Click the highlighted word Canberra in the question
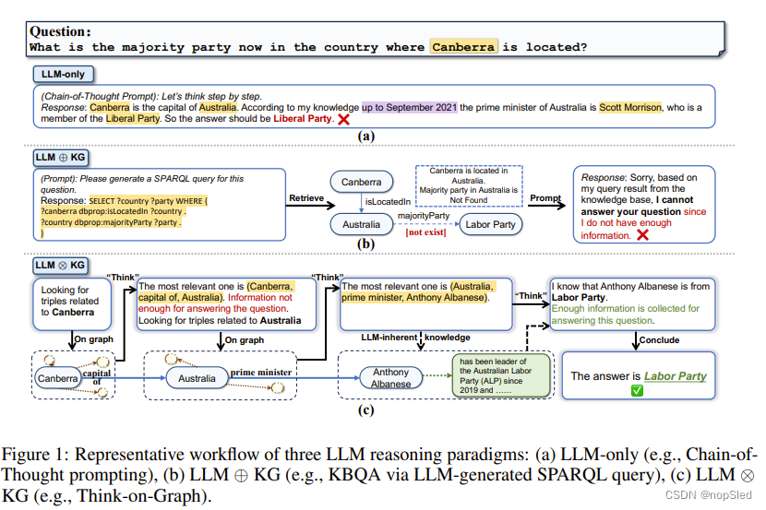(x=463, y=46)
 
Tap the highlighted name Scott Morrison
(x=630, y=107)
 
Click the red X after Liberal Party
(x=343, y=120)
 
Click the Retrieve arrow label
(x=306, y=197)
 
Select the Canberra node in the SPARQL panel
(x=362, y=183)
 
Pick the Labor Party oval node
(x=490, y=224)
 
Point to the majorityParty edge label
(x=424, y=215)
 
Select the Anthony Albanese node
(x=390, y=378)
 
